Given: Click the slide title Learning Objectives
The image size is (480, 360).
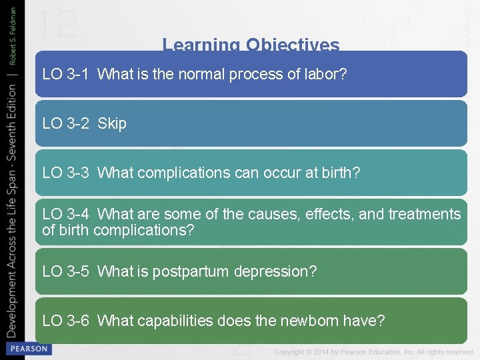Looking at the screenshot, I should point(251,45).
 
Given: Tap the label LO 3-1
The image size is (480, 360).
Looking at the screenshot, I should point(65,75).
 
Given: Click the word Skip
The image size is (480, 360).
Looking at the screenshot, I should point(112,124).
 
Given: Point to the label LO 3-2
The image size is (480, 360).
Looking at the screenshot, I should point(65,124).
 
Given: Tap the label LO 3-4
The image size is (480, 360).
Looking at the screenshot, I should point(65,214).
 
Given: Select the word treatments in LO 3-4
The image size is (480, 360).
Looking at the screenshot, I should point(425,214).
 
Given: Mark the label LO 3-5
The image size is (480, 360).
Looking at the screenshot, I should point(65,272).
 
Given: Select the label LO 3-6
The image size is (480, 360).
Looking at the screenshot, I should point(65,321).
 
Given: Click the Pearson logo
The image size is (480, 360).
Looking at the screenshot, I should point(27,349).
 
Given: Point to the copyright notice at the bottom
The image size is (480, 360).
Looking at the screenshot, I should point(373,351).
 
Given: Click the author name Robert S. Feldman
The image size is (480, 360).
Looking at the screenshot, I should point(13,33).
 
